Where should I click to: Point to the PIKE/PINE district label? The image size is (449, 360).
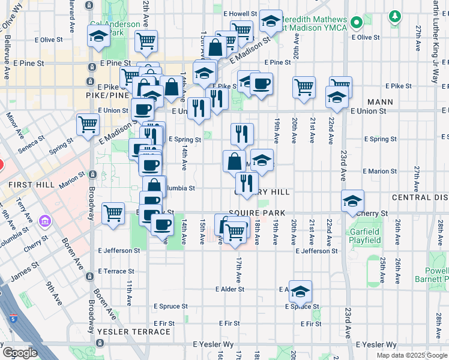coord(108,95)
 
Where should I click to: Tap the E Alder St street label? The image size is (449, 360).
coord(230,289)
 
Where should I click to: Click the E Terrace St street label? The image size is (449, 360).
coord(106,272)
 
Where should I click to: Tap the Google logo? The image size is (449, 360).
coord(20,353)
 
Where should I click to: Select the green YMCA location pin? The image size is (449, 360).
coord(357,23)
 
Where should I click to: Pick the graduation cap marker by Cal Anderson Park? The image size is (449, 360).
coord(98,37)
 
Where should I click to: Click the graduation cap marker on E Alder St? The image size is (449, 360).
coord(300,292)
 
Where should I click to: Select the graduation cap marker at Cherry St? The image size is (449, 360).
coord(352,201)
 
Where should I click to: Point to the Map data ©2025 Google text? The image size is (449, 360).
coord(412,355)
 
